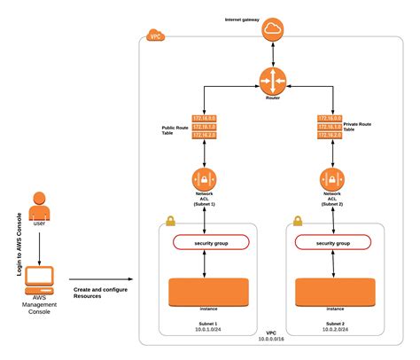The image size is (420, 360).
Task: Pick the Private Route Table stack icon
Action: pyautogui.click(x=331, y=129)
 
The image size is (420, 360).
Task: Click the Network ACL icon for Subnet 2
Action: pyautogui.click(x=331, y=180)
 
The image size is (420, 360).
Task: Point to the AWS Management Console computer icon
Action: pyautogui.click(x=39, y=281)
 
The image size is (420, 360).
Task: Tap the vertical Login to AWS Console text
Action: pyautogui.click(x=19, y=243)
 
